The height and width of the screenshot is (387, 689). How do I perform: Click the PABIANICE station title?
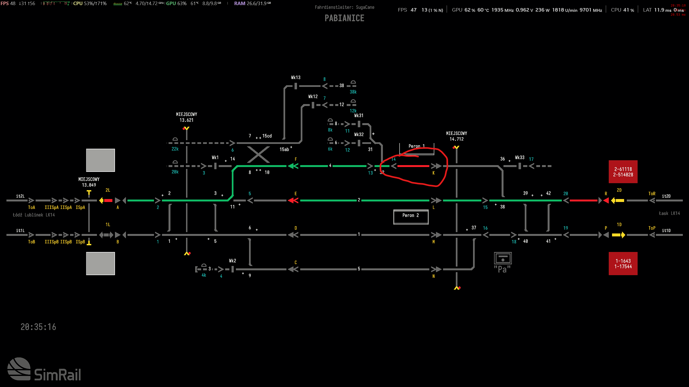(x=344, y=18)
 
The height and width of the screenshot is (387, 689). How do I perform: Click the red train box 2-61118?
(x=623, y=172)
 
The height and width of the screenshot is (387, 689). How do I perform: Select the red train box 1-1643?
(x=623, y=264)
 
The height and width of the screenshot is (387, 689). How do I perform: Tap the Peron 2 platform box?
(x=411, y=216)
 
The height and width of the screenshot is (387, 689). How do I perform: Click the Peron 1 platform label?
(x=416, y=146)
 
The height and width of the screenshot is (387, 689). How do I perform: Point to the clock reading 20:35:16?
(x=38, y=327)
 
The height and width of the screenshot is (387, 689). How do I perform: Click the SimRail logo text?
(x=57, y=374)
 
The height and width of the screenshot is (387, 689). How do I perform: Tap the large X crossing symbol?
(x=258, y=154)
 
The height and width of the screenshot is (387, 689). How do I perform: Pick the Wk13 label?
(x=296, y=77)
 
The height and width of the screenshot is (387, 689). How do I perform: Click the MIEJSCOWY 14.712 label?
(x=456, y=136)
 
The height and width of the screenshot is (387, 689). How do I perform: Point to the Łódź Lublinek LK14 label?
(x=34, y=215)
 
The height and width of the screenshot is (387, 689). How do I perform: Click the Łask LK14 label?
(x=669, y=213)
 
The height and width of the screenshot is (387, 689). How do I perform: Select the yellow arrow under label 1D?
(x=618, y=235)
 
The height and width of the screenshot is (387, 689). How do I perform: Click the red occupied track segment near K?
(x=413, y=166)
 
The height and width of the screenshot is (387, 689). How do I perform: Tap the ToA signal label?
(x=32, y=207)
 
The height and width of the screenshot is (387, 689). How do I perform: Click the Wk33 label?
(x=519, y=158)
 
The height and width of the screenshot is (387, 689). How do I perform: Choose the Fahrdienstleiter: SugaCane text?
(x=344, y=7)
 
